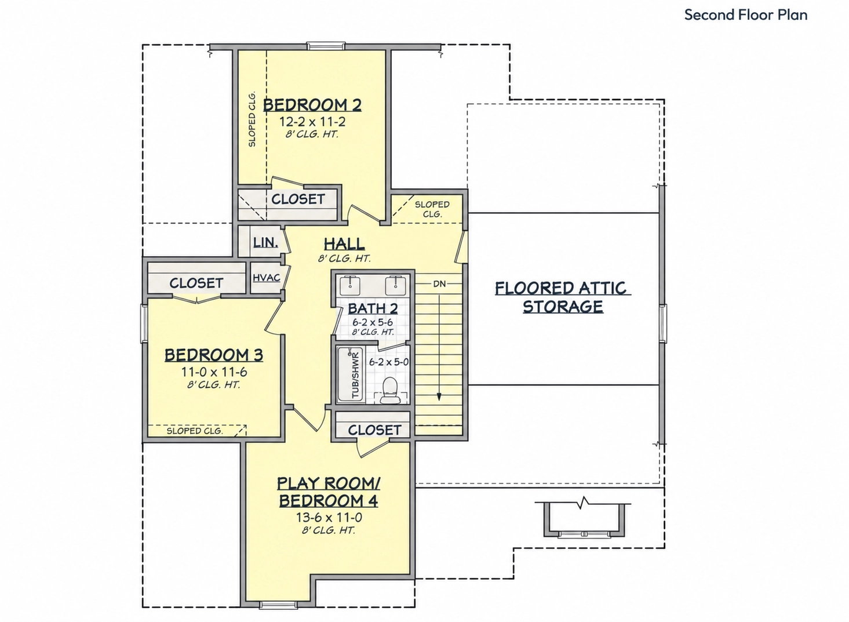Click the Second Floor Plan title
click(745, 15)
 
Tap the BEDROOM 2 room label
click(312, 104)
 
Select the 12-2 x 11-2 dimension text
click(312, 122)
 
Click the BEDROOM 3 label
click(213, 355)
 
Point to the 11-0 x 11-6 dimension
click(214, 372)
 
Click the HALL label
click(344, 243)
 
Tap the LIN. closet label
click(265, 242)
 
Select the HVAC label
click(267, 278)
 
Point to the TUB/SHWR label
click(355, 376)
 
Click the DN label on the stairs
click(439, 283)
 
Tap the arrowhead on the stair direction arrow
click(439, 397)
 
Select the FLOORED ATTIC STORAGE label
click(563, 297)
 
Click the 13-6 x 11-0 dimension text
click(329, 518)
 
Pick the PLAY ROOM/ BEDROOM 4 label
click(329, 492)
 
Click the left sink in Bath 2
click(350, 285)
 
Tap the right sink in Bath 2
click(396, 285)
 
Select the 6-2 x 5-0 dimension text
click(389, 362)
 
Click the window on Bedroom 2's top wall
click(326, 46)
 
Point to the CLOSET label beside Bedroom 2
click(298, 199)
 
